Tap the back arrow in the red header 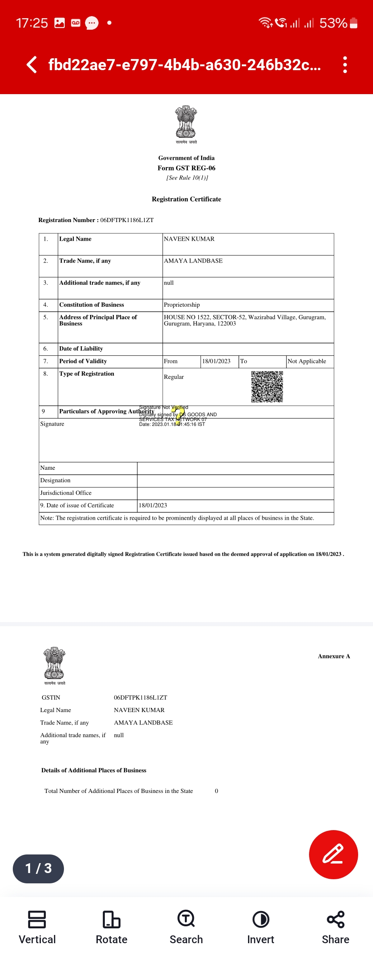(32, 65)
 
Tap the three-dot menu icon (345, 65)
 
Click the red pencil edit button (333, 854)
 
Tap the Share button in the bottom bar (335, 927)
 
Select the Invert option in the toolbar (260, 927)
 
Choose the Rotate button (111, 927)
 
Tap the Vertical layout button (37, 927)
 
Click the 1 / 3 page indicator (38, 868)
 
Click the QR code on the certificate (267, 386)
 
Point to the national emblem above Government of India (186, 123)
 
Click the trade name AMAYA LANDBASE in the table (193, 261)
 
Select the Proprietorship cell (182, 305)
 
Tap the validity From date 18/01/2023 (216, 361)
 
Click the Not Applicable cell (307, 361)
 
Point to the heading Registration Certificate (186, 199)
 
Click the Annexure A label (334, 656)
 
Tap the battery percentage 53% (333, 23)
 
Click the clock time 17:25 (32, 23)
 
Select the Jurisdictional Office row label (66, 493)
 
